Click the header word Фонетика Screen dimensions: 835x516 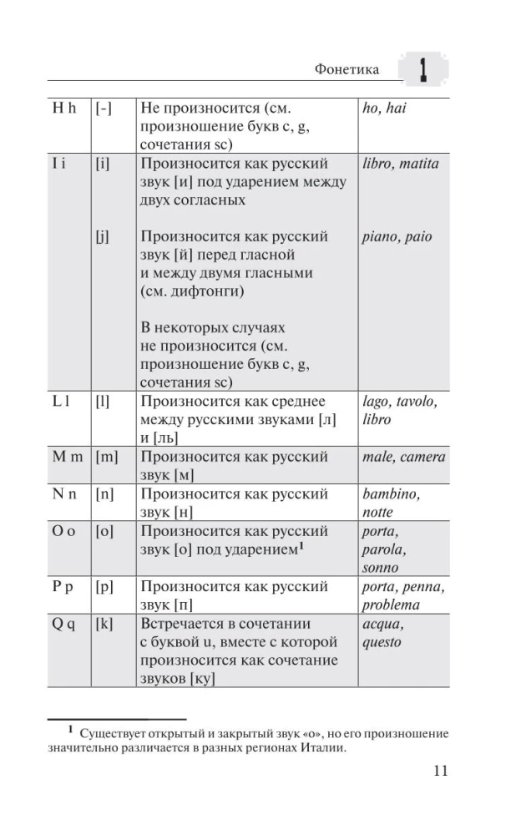pyautogui.click(x=347, y=69)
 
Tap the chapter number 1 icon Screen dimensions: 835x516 pyautogui.click(x=423, y=69)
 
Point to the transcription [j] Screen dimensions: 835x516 pyautogui.click(x=103, y=236)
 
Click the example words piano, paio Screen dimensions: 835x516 pyautogui.click(x=397, y=236)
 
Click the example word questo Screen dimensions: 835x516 pyautogui.click(x=382, y=643)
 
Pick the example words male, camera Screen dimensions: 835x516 pyautogui.click(x=404, y=457)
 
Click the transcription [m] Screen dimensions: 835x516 pyautogui.click(x=106, y=457)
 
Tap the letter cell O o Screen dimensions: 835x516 pyautogui.click(x=63, y=531)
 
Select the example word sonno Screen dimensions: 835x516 pyautogui.click(x=381, y=568)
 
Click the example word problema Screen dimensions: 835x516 pyautogui.click(x=391, y=605)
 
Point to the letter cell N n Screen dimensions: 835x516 pyautogui.click(x=63, y=494)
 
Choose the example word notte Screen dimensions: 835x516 pyautogui.click(x=377, y=513)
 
